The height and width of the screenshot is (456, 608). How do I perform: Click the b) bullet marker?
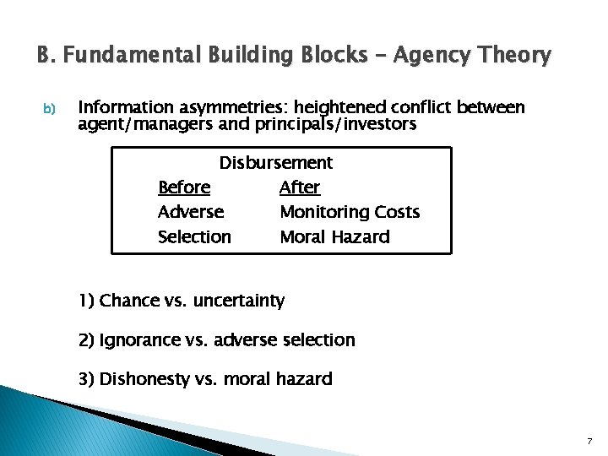click(48, 109)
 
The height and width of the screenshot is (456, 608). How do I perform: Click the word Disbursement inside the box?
click(276, 162)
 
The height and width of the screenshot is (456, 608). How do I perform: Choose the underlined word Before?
click(184, 187)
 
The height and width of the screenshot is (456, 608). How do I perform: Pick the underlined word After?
click(300, 187)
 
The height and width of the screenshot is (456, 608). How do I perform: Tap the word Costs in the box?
click(396, 212)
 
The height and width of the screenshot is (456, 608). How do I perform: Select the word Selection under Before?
click(194, 237)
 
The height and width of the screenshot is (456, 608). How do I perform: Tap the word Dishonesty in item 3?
click(144, 379)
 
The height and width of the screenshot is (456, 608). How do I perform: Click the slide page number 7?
click(589, 442)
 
